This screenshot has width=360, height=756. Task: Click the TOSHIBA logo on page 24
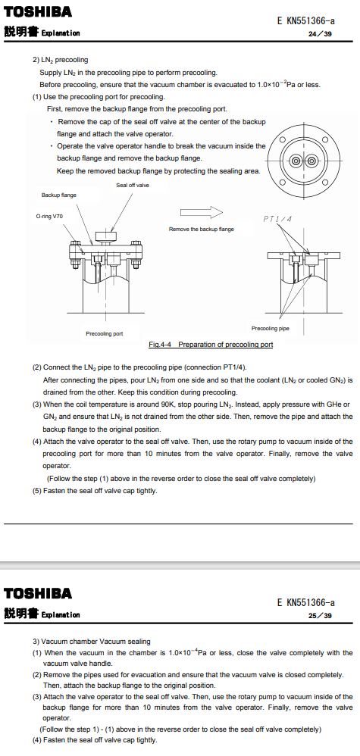(38, 11)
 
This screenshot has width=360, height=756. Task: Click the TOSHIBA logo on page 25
(38, 593)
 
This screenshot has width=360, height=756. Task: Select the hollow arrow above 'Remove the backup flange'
(202, 212)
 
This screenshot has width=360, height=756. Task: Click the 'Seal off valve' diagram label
(133, 185)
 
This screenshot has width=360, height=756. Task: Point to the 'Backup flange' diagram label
(58, 195)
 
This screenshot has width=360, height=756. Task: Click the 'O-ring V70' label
(49, 217)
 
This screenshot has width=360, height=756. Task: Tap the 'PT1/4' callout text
(277, 219)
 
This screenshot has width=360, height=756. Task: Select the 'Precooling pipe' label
(271, 328)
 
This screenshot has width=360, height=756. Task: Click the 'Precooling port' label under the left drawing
(105, 333)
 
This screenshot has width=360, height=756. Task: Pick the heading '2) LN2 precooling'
(61, 60)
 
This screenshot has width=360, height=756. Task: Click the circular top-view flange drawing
(304, 160)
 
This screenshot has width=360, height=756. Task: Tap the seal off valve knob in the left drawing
(106, 236)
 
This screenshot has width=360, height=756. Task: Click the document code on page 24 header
(306, 20)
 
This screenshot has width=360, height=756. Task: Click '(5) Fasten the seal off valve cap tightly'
(95, 492)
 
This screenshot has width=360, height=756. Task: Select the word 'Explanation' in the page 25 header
(61, 615)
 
